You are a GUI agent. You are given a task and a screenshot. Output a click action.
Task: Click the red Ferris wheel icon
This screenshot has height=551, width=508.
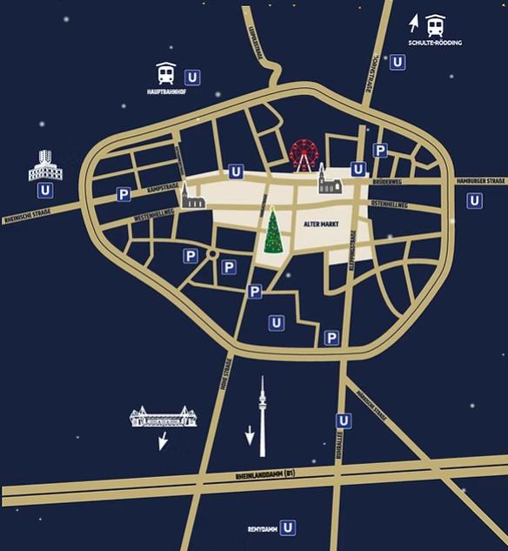coord(304,155)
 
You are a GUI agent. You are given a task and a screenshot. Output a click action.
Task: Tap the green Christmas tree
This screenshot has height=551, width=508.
coord(274,231)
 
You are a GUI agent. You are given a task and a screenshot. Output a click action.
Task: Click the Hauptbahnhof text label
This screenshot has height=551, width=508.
coord(164,91)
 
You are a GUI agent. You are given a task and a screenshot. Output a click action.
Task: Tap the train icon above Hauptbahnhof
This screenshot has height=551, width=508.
coord(164,74)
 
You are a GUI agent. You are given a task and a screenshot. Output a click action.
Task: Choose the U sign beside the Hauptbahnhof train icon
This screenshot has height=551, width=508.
coord(192,77)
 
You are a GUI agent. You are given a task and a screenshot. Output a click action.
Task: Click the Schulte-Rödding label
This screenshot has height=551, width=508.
coord(435,43)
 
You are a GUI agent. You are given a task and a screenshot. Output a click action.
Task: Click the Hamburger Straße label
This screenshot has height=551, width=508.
coord(480,180)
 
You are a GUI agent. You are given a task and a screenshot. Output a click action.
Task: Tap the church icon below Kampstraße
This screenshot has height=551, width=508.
coord(193,202)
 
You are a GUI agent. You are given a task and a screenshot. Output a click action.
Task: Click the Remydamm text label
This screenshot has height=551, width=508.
coord(262,528)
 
